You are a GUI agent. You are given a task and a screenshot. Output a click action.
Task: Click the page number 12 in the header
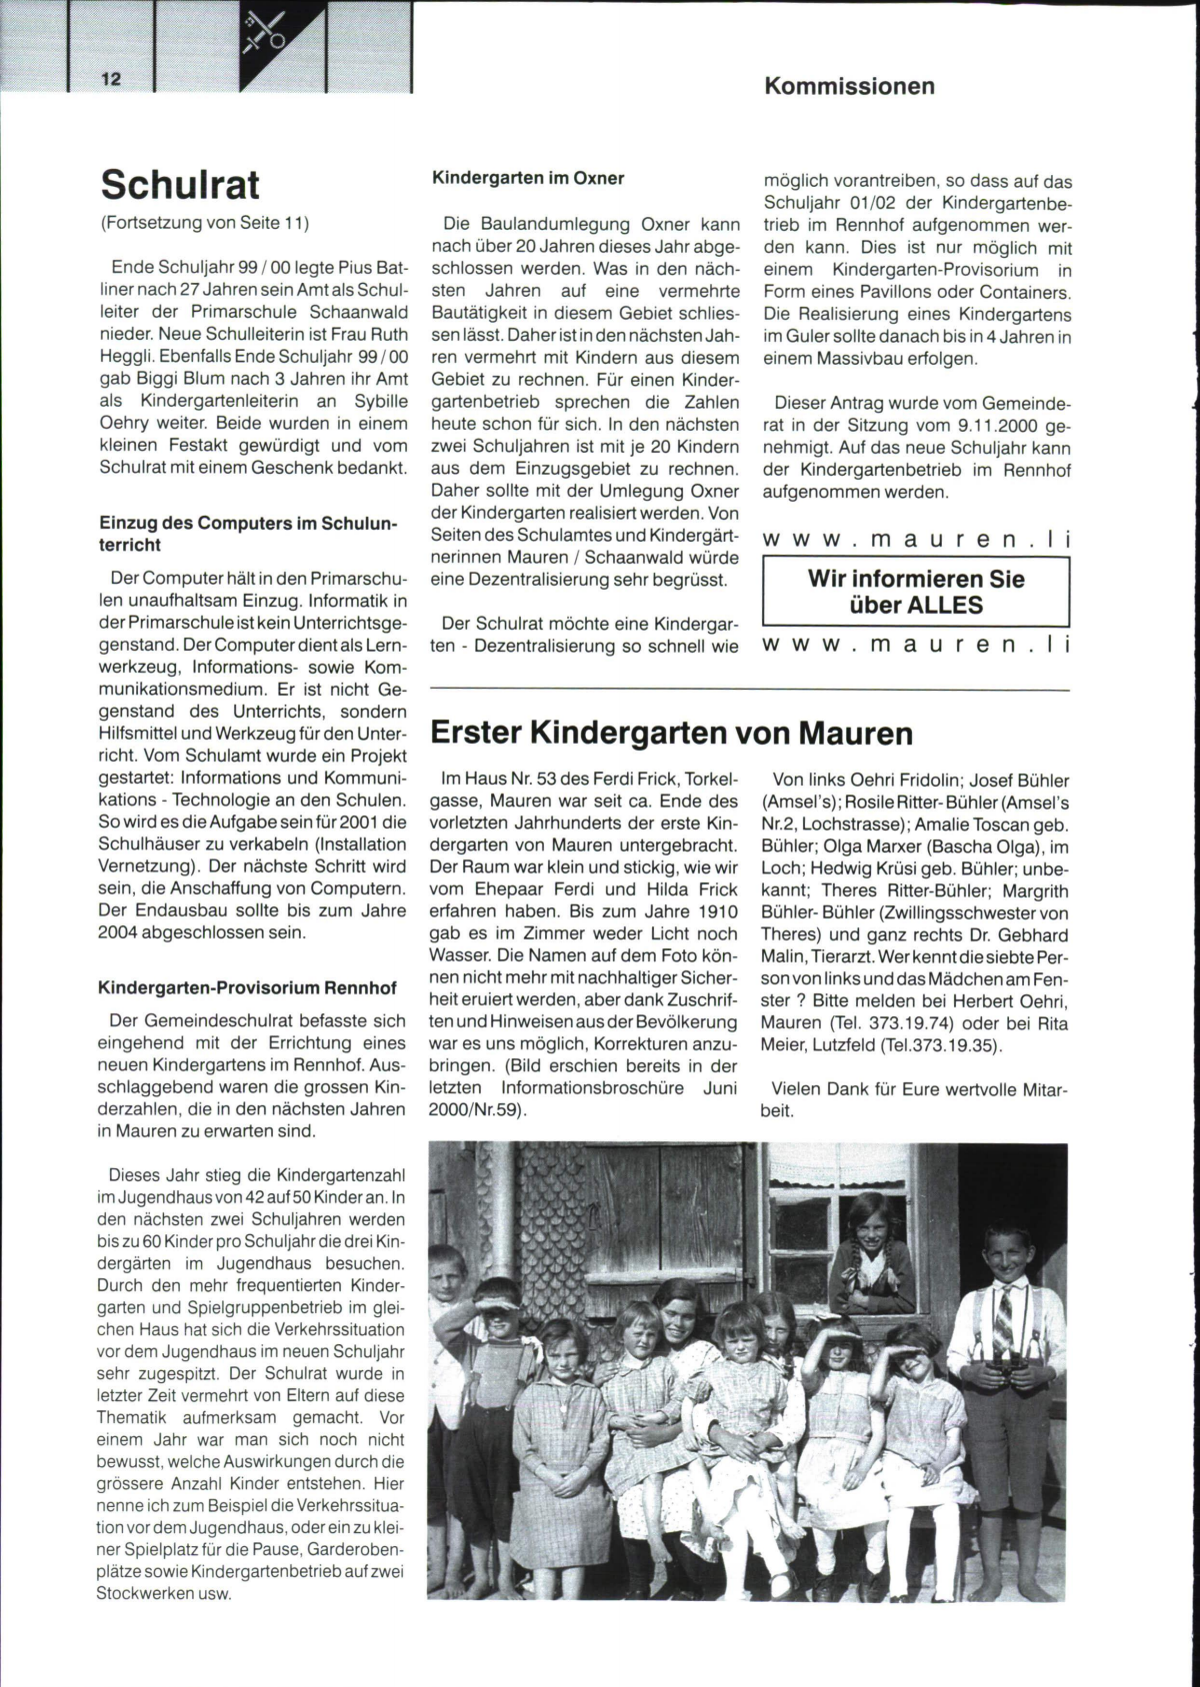click(110, 80)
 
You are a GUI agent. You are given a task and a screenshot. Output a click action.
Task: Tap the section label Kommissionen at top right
click(849, 86)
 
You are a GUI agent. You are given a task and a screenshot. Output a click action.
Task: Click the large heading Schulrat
click(180, 185)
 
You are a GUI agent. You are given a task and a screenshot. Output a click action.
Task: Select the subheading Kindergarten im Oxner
click(527, 178)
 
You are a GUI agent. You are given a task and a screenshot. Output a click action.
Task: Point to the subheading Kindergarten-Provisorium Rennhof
click(247, 987)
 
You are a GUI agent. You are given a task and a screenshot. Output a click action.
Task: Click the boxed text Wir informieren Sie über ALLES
click(916, 592)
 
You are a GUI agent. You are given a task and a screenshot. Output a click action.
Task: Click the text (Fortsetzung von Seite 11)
click(205, 222)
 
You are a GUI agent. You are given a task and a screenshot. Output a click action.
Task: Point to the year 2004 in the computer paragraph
click(123, 932)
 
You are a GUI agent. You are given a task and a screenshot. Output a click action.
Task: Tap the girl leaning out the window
click(862, 1249)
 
